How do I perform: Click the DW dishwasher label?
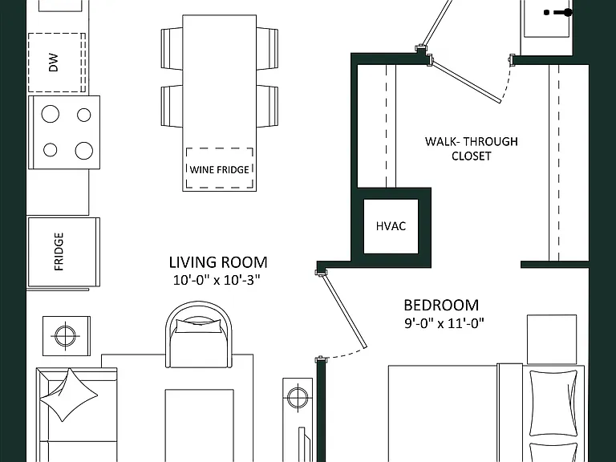[x=54, y=63]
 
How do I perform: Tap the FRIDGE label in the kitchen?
[x=59, y=251]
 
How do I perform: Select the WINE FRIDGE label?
[x=219, y=170]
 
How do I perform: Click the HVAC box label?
[x=391, y=226]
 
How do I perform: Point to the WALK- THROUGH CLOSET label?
[x=472, y=148]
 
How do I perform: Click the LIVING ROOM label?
[x=218, y=262]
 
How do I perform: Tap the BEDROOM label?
[x=441, y=306]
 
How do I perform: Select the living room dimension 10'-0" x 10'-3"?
[x=217, y=280]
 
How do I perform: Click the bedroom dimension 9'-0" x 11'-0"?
[x=444, y=323]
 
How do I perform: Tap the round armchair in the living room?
[x=198, y=334]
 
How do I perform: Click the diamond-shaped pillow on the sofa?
[x=69, y=395]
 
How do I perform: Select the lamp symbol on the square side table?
[x=65, y=336]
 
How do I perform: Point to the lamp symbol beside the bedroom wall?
[x=298, y=397]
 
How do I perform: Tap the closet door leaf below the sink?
[x=465, y=80]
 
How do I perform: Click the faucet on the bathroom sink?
[x=558, y=13]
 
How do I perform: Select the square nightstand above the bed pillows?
[x=552, y=339]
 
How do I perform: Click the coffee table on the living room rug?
[x=200, y=425]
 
